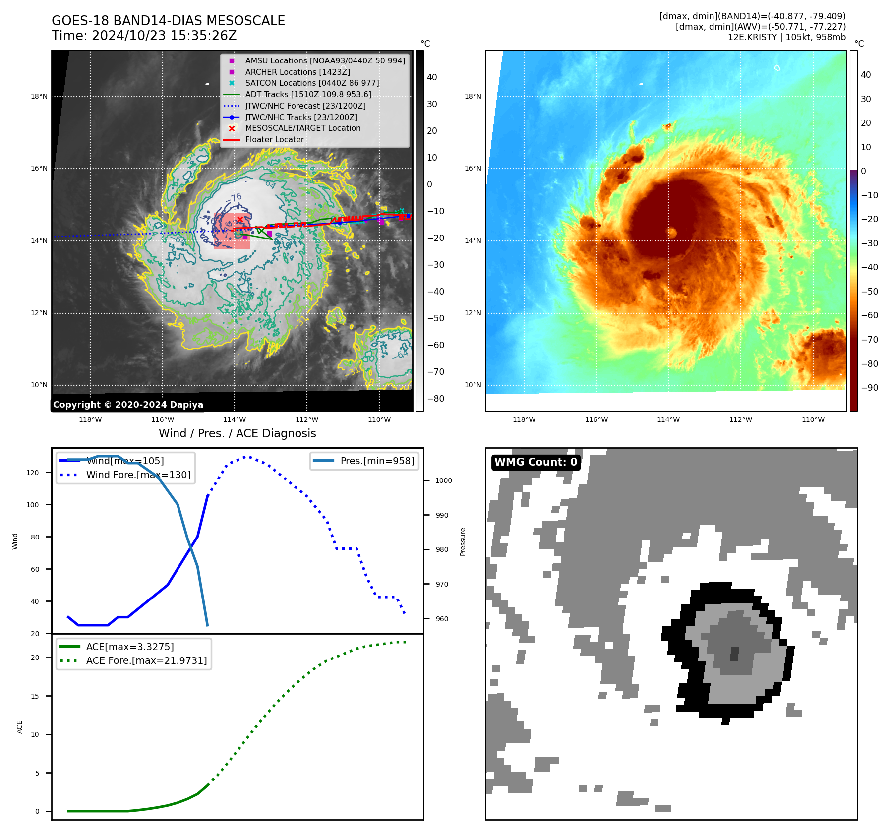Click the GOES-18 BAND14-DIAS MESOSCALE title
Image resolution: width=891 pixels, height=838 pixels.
point(168,21)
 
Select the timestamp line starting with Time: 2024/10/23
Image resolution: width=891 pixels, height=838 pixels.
point(144,36)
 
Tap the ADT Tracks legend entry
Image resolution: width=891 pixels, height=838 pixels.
point(308,94)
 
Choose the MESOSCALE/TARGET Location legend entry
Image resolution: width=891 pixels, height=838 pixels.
point(302,128)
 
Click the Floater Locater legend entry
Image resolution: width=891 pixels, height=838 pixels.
point(274,139)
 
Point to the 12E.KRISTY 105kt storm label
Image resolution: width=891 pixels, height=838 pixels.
point(786,37)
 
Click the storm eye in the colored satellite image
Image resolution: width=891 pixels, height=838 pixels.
point(672,232)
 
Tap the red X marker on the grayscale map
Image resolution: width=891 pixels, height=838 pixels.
point(240,219)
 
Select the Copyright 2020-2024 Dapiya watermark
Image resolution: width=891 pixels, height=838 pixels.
point(128,405)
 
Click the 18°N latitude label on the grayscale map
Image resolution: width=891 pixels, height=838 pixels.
point(39,96)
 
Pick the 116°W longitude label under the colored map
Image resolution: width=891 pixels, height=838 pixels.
point(596,419)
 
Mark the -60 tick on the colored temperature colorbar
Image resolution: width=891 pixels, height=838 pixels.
point(869,315)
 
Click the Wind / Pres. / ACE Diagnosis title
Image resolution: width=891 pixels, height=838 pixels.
point(237,433)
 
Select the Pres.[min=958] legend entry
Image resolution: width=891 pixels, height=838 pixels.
point(377,461)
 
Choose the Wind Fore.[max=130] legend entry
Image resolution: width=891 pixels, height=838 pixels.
point(138,475)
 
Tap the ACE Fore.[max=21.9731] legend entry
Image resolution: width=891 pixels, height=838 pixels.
point(146,660)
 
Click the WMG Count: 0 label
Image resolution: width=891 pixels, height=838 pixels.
point(535,462)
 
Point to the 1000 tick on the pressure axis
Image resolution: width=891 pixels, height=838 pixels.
point(443,480)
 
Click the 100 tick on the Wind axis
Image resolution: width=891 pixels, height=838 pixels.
point(33,505)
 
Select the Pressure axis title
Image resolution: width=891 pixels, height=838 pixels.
point(463,541)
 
